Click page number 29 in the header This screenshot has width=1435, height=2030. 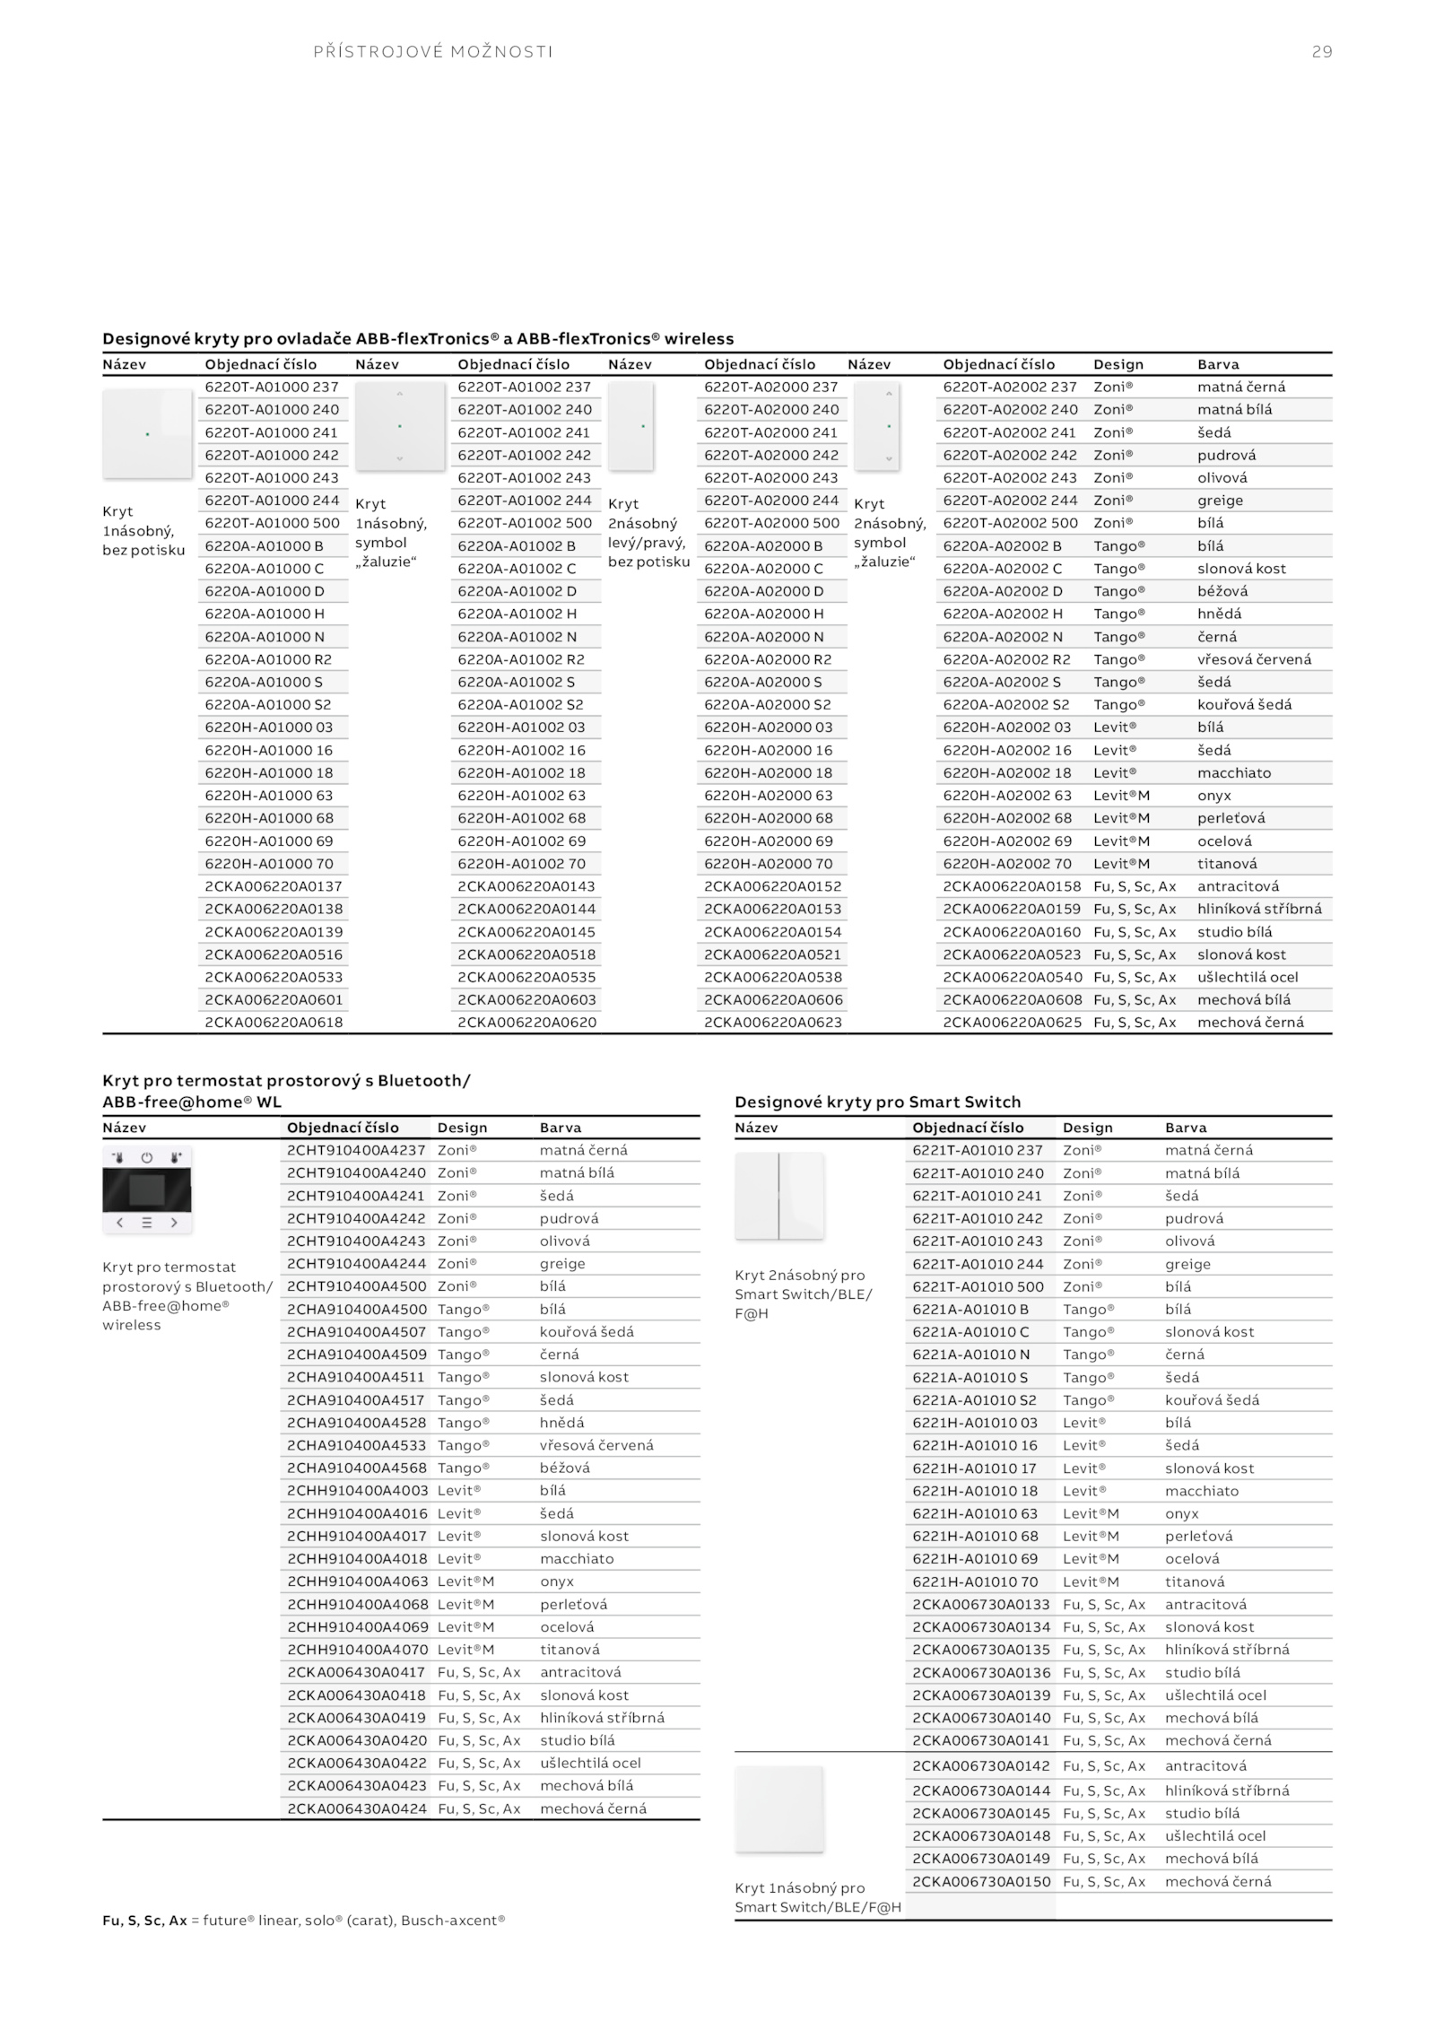1321,52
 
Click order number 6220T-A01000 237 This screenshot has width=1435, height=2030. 272,387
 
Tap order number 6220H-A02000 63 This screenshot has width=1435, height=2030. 768,795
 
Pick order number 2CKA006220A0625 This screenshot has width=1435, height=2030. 1012,1022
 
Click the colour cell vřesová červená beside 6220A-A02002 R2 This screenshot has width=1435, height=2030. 1254,659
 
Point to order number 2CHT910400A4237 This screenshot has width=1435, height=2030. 356,1150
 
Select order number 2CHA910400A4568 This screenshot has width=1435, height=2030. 356,1468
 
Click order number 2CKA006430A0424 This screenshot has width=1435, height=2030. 356,1808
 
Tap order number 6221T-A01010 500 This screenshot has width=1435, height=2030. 978,1286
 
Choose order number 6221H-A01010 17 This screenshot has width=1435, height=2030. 974,1468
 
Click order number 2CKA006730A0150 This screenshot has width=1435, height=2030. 981,1881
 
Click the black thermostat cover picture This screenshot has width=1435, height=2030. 147,1189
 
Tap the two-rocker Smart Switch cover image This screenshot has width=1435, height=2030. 779,1195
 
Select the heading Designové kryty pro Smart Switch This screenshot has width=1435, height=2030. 877,1102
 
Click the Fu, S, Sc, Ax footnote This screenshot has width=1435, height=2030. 303,1921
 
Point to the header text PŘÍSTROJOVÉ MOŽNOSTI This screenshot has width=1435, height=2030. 433,52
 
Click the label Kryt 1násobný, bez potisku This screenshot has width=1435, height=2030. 143,530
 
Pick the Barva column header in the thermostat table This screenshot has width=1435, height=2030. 561,1128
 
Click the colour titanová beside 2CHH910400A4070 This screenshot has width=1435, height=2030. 570,1650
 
